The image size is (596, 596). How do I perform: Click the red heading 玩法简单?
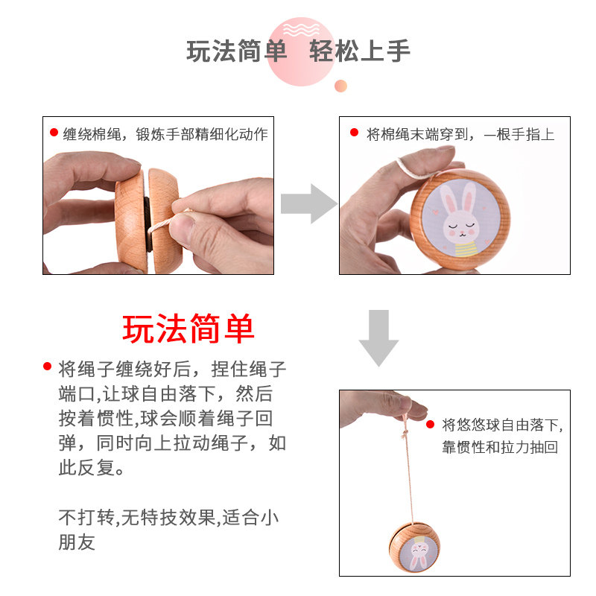point(188,329)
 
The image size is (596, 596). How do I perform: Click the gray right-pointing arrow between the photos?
point(308,203)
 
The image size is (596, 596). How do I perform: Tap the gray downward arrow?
point(378,337)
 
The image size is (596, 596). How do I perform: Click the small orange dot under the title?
point(340,86)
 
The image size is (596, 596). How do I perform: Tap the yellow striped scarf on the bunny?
point(466,249)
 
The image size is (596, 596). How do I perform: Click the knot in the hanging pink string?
point(405,433)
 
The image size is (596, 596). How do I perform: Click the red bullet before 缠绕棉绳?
point(54,133)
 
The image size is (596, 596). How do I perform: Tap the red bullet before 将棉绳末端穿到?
point(355,133)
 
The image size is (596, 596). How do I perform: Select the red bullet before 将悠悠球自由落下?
point(431,424)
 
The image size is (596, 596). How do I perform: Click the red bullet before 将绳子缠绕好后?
point(48,366)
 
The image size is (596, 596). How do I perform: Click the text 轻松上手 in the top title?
point(360,51)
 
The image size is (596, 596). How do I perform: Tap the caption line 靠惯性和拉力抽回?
point(500,447)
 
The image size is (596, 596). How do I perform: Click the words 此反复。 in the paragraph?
point(91,467)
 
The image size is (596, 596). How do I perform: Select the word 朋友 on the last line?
point(77,542)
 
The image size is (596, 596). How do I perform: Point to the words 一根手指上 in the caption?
point(519,134)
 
